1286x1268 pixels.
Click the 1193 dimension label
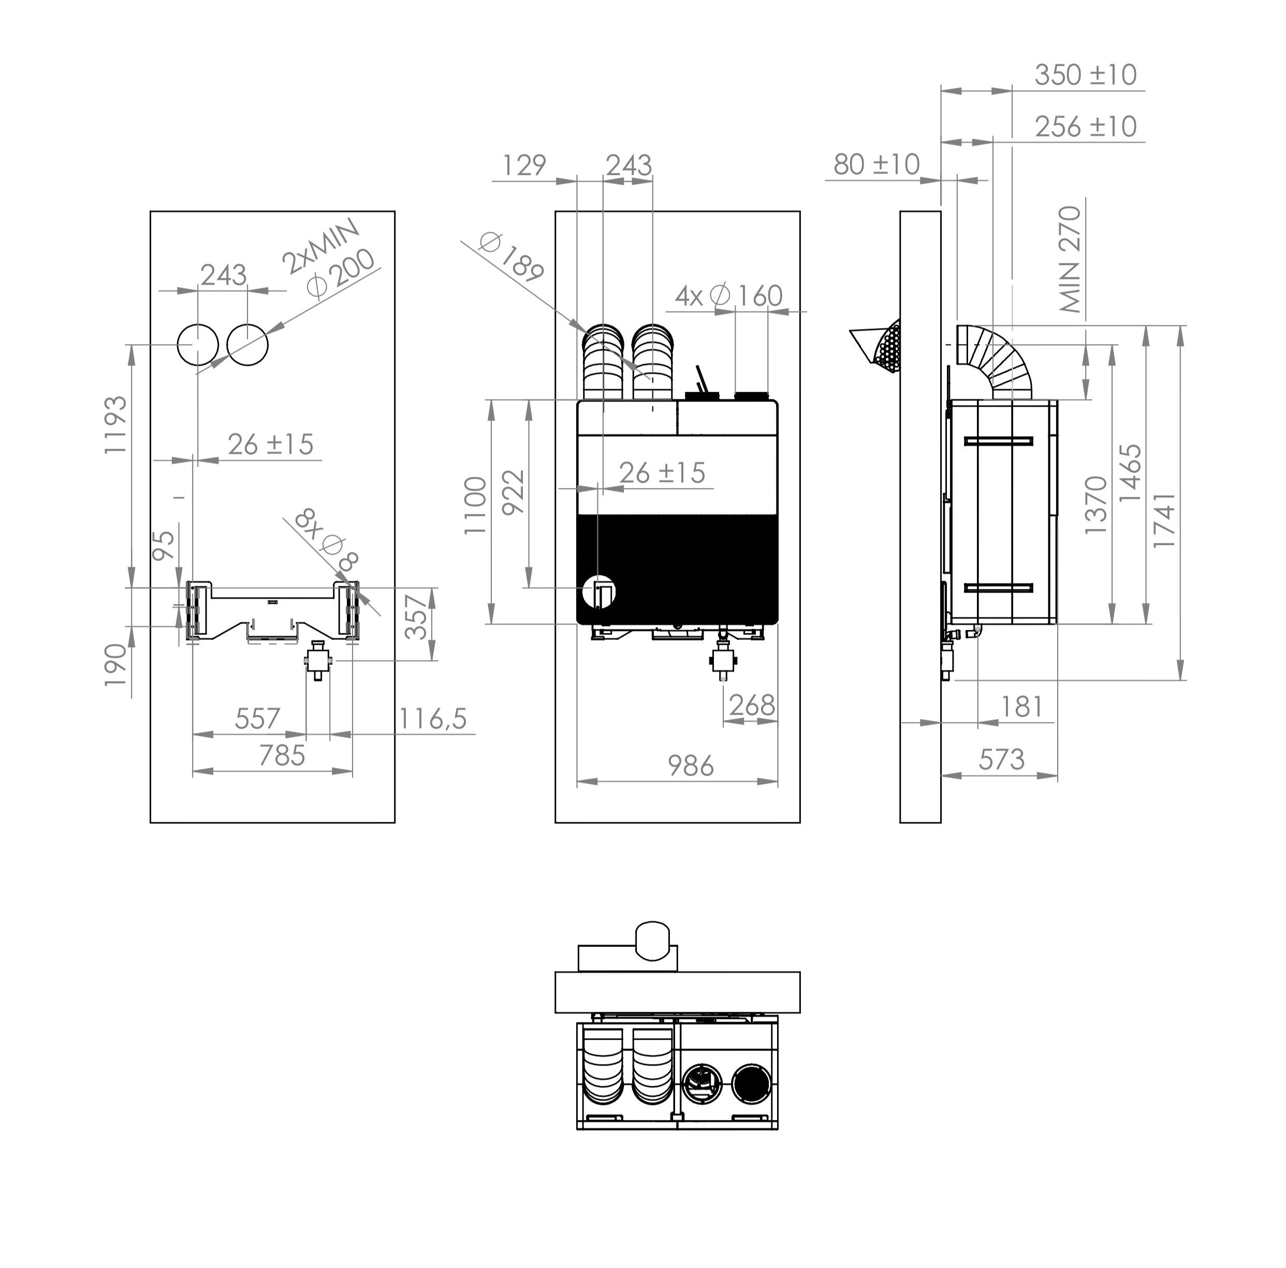pyautogui.click(x=116, y=424)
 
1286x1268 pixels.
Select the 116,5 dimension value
pyautogui.click(x=433, y=718)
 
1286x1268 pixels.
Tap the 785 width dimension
pyautogui.click(x=282, y=756)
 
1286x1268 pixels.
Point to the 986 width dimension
pyautogui.click(x=691, y=766)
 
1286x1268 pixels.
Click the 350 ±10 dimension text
pyautogui.click(x=1086, y=75)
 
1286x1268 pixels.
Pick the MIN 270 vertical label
pyautogui.click(x=1070, y=259)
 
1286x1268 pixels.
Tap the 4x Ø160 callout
pyautogui.click(x=728, y=296)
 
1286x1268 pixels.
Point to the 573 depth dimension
pyautogui.click(x=1001, y=759)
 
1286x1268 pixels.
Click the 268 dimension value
pyautogui.click(x=752, y=705)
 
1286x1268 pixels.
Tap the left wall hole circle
pyautogui.click(x=198, y=345)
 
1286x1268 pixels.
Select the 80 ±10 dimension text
pyautogui.click(x=876, y=164)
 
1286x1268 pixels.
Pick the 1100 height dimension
pyautogui.click(x=475, y=506)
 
